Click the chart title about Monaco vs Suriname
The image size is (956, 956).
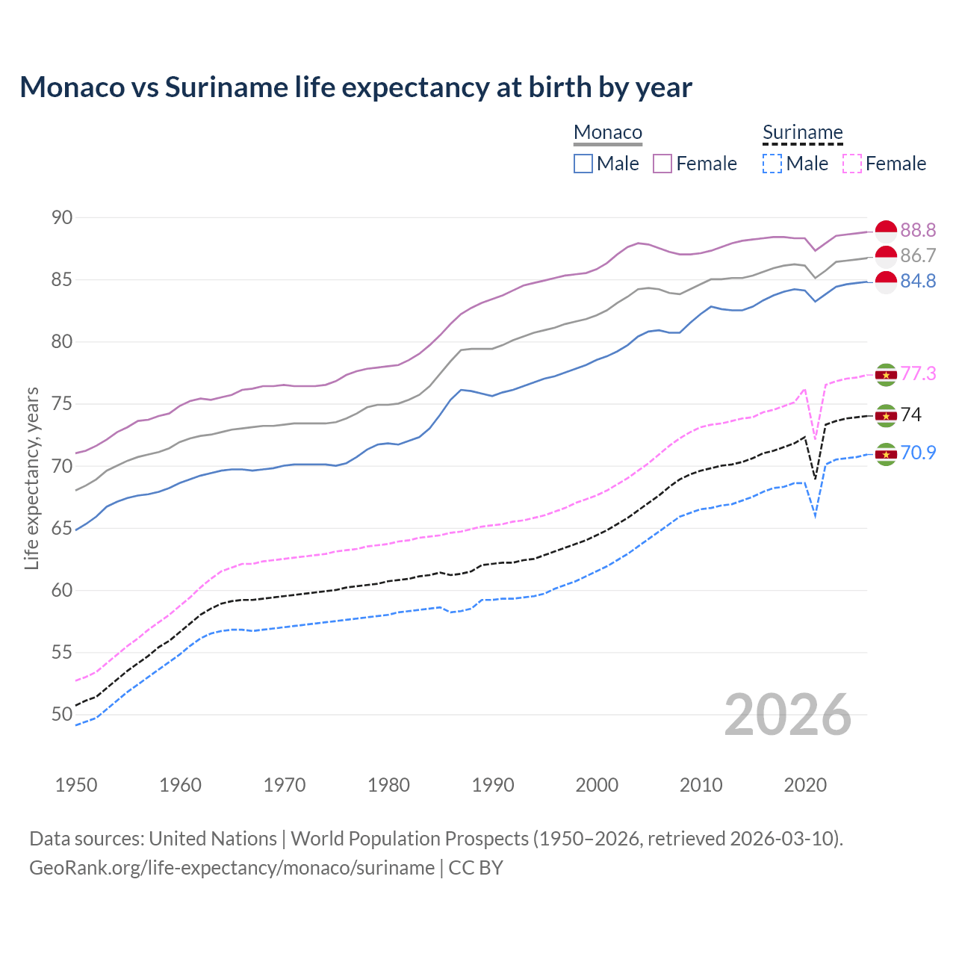[x=356, y=87]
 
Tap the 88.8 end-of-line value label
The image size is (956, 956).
[x=918, y=230]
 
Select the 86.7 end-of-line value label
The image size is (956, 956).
[x=918, y=255]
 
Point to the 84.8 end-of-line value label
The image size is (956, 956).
[x=918, y=281]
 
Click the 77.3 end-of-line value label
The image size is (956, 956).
[x=918, y=373]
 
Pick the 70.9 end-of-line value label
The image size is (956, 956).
[x=918, y=453]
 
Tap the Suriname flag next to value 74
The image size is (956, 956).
[x=886, y=415]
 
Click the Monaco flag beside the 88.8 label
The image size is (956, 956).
[x=886, y=232]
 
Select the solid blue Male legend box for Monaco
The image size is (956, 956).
[x=583, y=164]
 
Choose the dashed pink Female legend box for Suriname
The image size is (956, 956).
[x=852, y=164]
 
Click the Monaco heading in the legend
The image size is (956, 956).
[x=608, y=132]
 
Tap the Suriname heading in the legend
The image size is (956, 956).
[x=802, y=132]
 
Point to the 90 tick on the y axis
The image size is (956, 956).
[x=62, y=217]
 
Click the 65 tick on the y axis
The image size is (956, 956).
[x=62, y=528]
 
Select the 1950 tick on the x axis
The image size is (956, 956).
[x=76, y=785]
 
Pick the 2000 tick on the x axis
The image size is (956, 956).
[x=597, y=785]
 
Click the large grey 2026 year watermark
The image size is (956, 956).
[x=788, y=715]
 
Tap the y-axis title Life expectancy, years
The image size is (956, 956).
[x=31, y=478]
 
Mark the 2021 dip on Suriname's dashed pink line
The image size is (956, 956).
[x=815, y=438]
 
